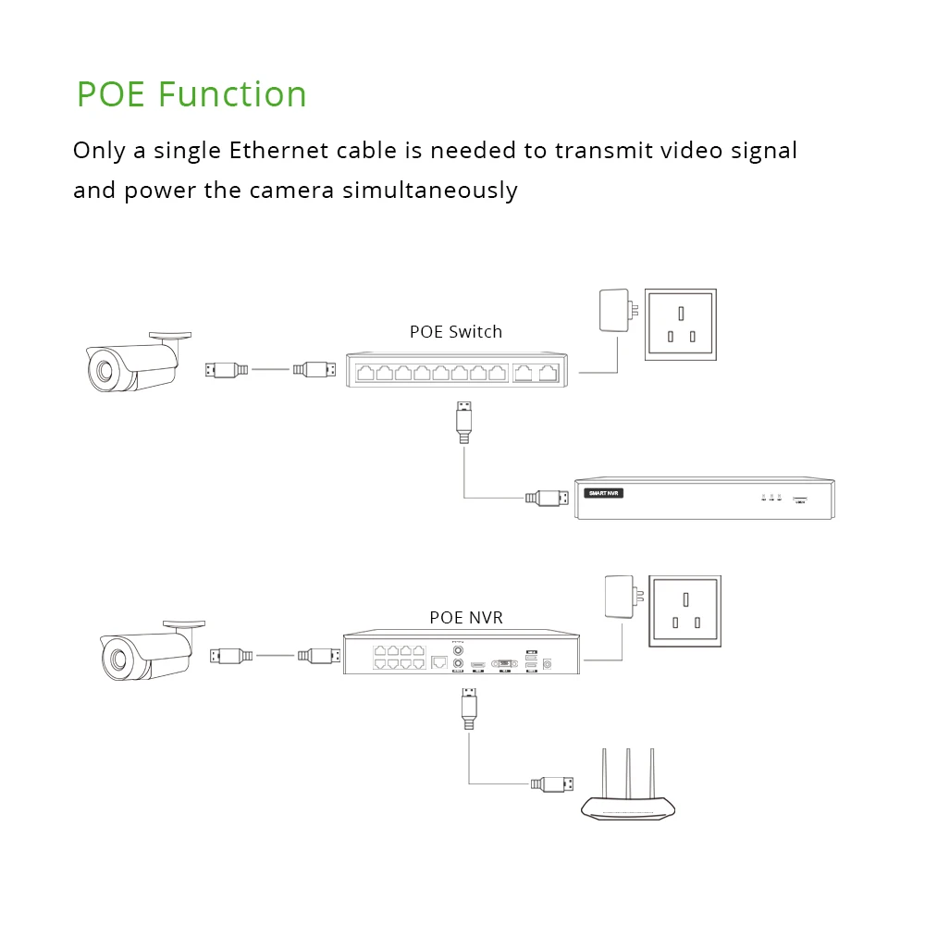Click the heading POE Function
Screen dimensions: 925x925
[191, 95]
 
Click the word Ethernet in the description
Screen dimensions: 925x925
[273, 151]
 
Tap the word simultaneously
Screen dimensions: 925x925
[430, 191]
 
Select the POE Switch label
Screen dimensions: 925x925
[456, 332]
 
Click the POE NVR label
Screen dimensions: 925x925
[466, 617]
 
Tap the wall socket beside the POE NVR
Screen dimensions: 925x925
[684, 610]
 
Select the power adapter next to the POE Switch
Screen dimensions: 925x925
[614, 311]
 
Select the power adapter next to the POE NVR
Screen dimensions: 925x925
[618, 598]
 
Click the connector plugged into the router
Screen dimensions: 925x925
[552, 784]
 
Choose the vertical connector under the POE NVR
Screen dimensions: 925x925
[469, 707]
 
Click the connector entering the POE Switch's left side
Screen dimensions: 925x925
[315, 370]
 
